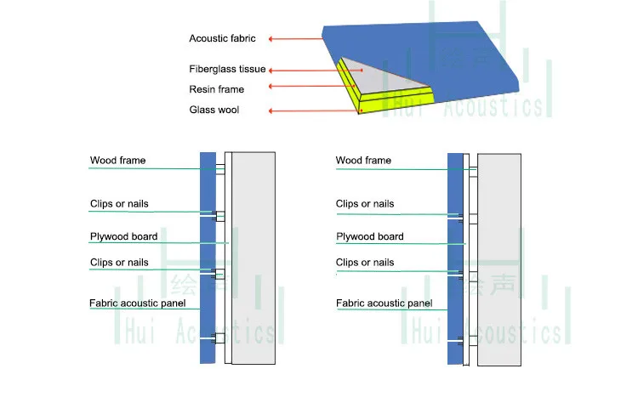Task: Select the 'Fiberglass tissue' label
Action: pos(227,70)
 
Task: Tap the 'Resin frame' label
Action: pos(216,89)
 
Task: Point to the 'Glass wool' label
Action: pos(214,110)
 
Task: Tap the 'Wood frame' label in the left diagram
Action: pos(117,161)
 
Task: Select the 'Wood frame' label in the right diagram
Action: pos(363,161)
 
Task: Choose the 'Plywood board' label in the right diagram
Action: pos(369,236)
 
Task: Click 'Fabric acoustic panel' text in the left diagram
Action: pos(138,303)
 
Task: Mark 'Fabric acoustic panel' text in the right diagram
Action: pos(384,303)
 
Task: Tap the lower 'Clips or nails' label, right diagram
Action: pos(365,263)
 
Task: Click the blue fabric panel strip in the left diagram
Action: pos(207,255)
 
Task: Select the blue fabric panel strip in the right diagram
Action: pos(454,255)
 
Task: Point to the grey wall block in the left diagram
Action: pos(253,255)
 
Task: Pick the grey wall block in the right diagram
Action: pos(499,255)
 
